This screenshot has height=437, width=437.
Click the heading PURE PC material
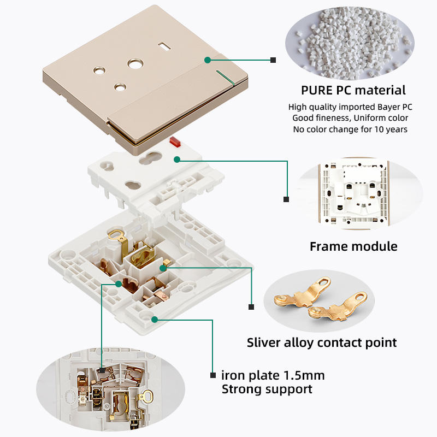pos(353,90)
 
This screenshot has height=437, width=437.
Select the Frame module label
pos(353,246)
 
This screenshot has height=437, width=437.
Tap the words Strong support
pos(267,389)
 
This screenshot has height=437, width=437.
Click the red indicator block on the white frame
pos(176,143)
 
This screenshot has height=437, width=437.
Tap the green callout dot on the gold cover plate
pos(208,59)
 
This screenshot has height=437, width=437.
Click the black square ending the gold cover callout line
pos(273,60)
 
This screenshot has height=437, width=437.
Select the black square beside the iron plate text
pos(212,375)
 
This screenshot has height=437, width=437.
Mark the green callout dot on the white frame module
pos(176,160)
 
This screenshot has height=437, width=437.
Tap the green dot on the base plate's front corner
pos(155,319)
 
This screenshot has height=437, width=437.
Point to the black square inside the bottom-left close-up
pos(102,370)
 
